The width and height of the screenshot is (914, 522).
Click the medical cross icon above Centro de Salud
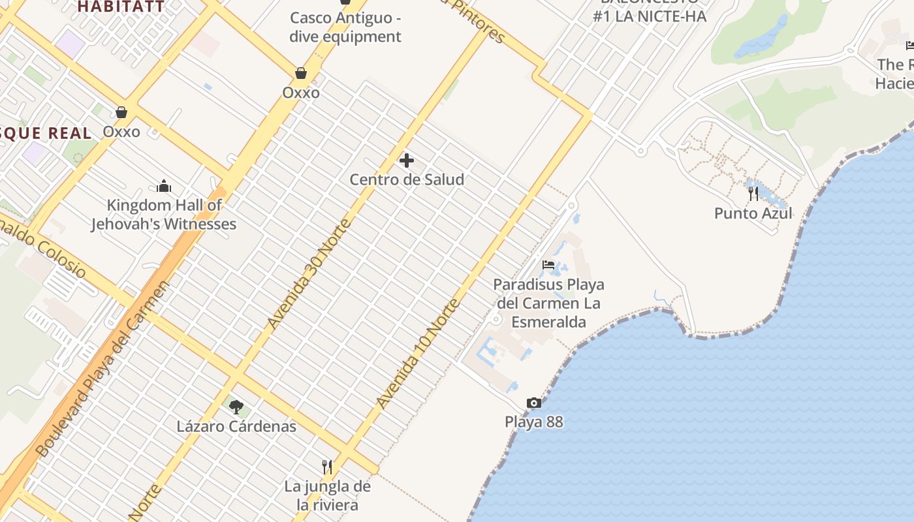click(x=407, y=161)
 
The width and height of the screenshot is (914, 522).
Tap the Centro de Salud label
click(x=407, y=179)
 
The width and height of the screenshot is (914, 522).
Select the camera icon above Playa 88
click(x=534, y=403)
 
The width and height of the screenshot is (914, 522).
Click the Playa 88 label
click(x=533, y=422)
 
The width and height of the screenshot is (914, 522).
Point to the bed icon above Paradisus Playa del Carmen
click(x=548, y=265)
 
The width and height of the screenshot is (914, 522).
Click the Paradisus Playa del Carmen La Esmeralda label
click(x=548, y=303)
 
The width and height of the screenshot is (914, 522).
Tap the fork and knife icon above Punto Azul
click(x=753, y=193)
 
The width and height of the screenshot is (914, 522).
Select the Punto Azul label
click(x=753, y=213)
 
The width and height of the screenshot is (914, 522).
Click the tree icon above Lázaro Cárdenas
click(x=236, y=407)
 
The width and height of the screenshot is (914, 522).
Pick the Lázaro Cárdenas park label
click(x=236, y=427)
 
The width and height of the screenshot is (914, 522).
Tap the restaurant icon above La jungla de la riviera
click(x=327, y=467)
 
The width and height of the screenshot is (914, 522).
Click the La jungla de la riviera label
click(x=327, y=496)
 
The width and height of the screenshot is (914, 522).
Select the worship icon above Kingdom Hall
click(x=164, y=187)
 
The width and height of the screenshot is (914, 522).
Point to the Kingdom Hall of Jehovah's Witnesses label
click(x=164, y=215)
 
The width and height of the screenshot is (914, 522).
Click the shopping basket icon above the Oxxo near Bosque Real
click(x=121, y=112)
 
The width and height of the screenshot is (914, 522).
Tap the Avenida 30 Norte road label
click(x=309, y=274)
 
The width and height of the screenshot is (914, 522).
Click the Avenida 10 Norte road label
click(x=418, y=354)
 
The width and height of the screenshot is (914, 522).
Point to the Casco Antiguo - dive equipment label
click(x=345, y=27)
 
